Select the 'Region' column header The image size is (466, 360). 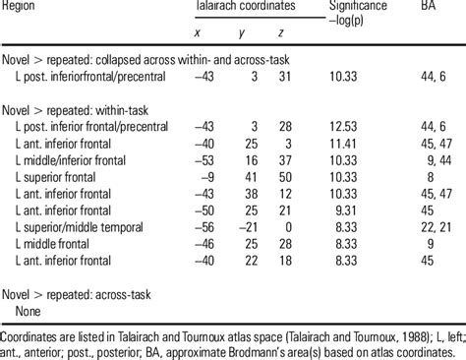pyautogui.click(x=23, y=6)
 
